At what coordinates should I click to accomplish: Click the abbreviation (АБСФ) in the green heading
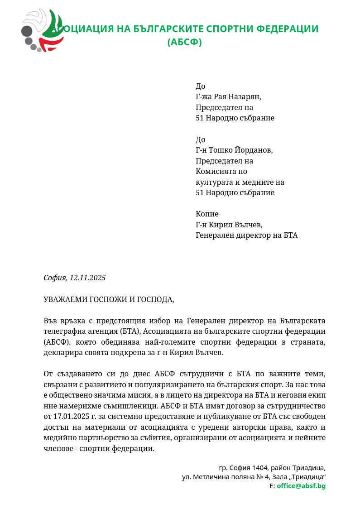pos(184,42)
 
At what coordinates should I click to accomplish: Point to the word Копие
pos(207,214)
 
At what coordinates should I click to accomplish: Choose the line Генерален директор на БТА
pos(246,235)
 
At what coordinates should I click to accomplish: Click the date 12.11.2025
pos(87,278)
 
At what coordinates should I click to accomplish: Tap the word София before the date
pos(54,278)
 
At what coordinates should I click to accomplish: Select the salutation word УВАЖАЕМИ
pos(66,299)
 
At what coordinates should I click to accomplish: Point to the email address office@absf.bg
pos(301,486)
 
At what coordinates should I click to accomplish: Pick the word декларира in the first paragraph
pos(62,352)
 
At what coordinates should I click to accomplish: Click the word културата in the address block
pos(213,182)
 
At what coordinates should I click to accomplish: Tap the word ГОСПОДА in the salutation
pos(155,299)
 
